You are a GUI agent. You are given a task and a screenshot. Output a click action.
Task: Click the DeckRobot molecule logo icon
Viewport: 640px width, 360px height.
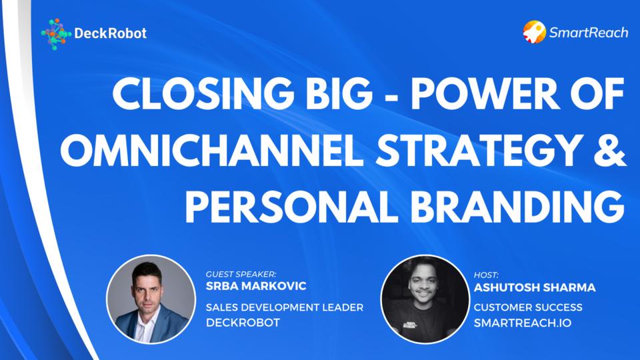[56, 34]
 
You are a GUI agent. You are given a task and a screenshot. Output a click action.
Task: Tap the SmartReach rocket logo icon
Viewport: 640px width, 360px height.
[535, 32]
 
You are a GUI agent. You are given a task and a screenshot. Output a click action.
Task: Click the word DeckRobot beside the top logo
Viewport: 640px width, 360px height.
[110, 33]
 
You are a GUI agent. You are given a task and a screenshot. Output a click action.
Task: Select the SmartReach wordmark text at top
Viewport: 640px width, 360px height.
[589, 32]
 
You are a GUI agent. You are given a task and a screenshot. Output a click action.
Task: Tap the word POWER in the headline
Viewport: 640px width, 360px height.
[485, 93]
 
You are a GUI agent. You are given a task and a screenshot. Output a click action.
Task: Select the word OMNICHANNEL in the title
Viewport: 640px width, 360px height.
[212, 150]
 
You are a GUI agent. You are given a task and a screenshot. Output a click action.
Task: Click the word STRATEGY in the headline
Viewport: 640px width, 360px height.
[479, 150]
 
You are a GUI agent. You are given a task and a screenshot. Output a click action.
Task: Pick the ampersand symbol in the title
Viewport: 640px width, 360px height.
[611, 150]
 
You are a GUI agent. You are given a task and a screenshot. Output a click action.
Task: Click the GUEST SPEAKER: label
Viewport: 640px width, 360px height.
[241, 274]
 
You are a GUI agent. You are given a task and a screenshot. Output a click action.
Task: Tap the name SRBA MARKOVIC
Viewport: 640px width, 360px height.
[256, 286]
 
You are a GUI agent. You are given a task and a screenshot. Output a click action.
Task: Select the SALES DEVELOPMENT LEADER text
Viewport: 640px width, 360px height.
[285, 307]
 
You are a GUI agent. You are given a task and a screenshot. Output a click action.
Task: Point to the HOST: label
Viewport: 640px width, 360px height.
[486, 275]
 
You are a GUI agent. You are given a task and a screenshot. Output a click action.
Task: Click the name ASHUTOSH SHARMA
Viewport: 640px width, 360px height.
[535, 288]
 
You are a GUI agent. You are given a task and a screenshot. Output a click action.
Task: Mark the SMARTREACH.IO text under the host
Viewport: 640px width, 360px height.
[523, 323]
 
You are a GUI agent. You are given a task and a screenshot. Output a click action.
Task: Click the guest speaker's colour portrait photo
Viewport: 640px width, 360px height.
[151, 299]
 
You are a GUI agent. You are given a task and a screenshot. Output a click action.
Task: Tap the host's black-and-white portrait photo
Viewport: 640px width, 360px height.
[425, 299]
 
